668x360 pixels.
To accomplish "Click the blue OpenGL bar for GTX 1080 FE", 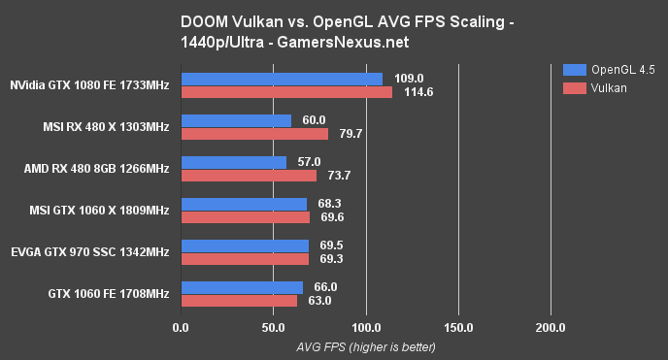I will point(282,79).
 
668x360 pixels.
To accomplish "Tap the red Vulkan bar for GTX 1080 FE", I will point(286,92).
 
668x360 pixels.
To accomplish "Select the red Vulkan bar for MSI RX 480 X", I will point(254,134).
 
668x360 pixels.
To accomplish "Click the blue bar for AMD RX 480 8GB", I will point(233,162).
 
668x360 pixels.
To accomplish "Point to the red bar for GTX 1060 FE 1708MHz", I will point(239,301).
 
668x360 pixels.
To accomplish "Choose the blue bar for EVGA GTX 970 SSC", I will point(245,245).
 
